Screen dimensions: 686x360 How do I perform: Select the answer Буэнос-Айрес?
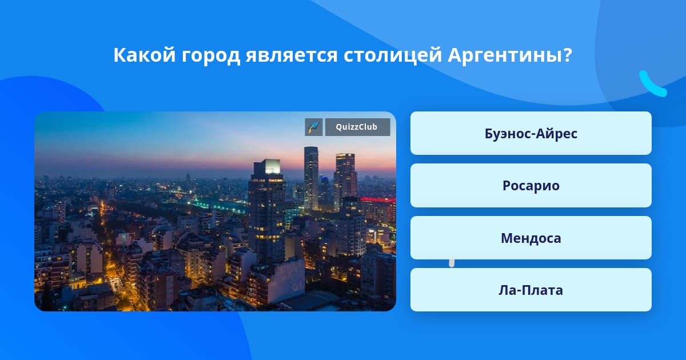pyautogui.click(x=531, y=133)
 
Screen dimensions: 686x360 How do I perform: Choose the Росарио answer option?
pyautogui.click(x=531, y=186)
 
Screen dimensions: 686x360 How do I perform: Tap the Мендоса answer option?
pyautogui.click(x=531, y=238)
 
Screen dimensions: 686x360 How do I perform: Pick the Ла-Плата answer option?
pyautogui.click(x=531, y=290)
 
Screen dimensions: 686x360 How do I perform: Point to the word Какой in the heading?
pyautogui.click(x=145, y=55)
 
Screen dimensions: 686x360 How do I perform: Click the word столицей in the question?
pyautogui.click(x=393, y=55)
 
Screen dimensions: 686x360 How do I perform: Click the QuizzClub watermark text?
pyautogui.click(x=357, y=127)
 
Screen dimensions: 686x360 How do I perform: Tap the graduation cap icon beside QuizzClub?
pyautogui.click(x=314, y=127)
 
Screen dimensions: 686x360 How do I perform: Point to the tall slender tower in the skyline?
pyautogui.click(x=311, y=178)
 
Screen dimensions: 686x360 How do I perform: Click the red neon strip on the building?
pyautogui.click(x=378, y=199)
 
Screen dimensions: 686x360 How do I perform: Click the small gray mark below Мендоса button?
pyautogui.click(x=452, y=263)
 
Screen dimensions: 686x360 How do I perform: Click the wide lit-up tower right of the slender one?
pyautogui.click(x=345, y=181)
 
